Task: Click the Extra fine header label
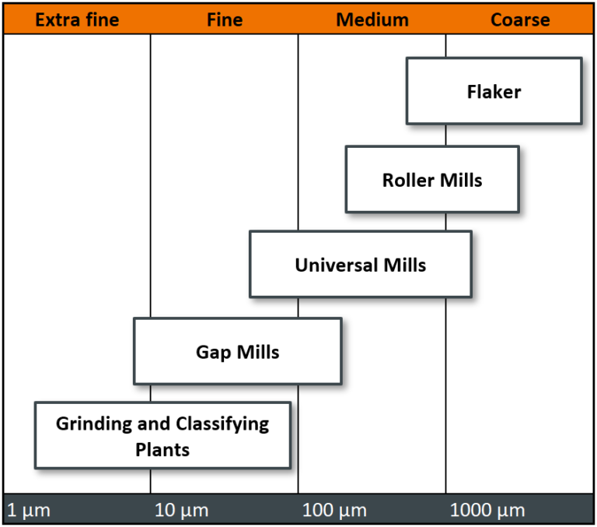point(77,19)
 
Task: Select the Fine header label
point(225,19)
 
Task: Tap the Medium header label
point(372,19)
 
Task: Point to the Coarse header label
point(520,19)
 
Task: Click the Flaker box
point(494,91)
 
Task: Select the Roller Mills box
point(432,180)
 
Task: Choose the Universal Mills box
point(360,265)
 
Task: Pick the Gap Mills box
point(237,352)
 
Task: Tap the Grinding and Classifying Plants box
point(162,436)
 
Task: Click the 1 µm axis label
point(29,511)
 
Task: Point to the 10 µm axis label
point(182,511)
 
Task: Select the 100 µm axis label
point(333,511)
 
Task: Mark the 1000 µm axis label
point(487,511)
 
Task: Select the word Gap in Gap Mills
point(212,352)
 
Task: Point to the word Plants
point(162,449)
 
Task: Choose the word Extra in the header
point(55,19)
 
